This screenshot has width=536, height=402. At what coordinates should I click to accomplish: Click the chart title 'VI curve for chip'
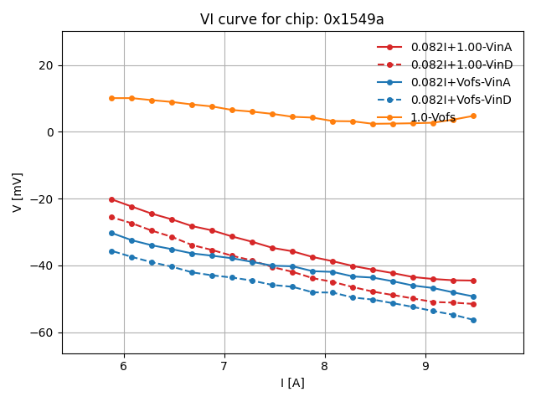pyautogui.click(x=291, y=19)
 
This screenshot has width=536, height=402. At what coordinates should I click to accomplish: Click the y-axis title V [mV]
pyautogui.click(x=18, y=192)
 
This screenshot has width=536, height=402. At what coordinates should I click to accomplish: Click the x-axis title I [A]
pyautogui.click(x=292, y=383)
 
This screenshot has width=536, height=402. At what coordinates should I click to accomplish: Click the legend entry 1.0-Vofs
pyautogui.click(x=433, y=117)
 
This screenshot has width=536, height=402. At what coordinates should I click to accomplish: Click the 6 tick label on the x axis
pyautogui.click(x=124, y=366)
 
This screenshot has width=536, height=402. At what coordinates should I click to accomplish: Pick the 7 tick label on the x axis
pyautogui.click(x=224, y=366)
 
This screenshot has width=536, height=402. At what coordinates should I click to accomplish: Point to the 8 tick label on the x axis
pyautogui.click(x=325, y=366)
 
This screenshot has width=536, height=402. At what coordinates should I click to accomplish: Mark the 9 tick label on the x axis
pyautogui.click(x=425, y=366)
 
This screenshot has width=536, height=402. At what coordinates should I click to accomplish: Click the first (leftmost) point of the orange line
pyautogui.click(x=111, y=98)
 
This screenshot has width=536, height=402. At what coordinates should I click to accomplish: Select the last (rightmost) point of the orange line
pyautogui.click(x=473, y=116)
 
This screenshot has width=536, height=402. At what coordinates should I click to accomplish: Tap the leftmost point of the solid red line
pyautogui.click(x=111, y=199)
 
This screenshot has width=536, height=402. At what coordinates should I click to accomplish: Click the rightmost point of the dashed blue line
pyautogui.click(x=473, y=320)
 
